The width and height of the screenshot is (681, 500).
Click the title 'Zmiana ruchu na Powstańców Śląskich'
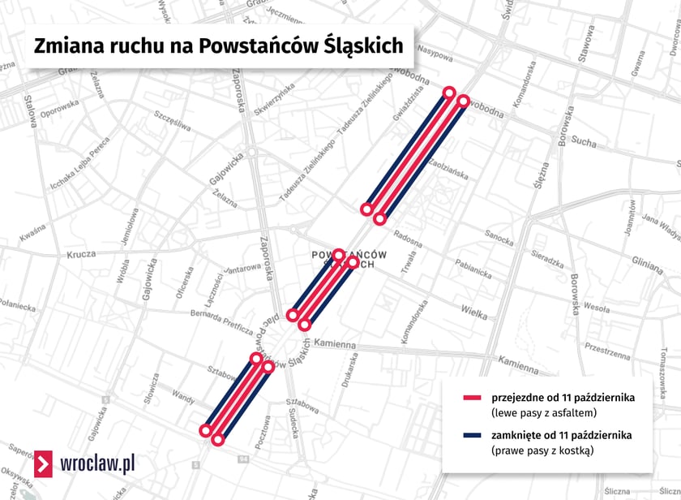(x=218, y=45)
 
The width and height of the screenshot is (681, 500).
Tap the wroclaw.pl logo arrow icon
(x=45, y=463)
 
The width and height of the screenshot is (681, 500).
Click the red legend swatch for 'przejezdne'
(x=472, y=398)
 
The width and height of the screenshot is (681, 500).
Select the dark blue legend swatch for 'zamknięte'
(x=472, y=436)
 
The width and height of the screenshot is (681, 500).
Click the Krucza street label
(x=81, y=254)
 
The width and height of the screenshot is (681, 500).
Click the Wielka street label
(x=473, y=309)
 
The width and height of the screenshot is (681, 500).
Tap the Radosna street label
(x=408, y=235)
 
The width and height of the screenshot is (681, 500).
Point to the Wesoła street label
(x=597, y=309)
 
